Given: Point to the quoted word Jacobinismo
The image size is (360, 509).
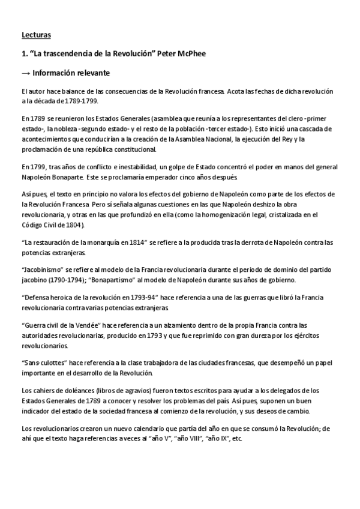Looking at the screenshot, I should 42,270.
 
